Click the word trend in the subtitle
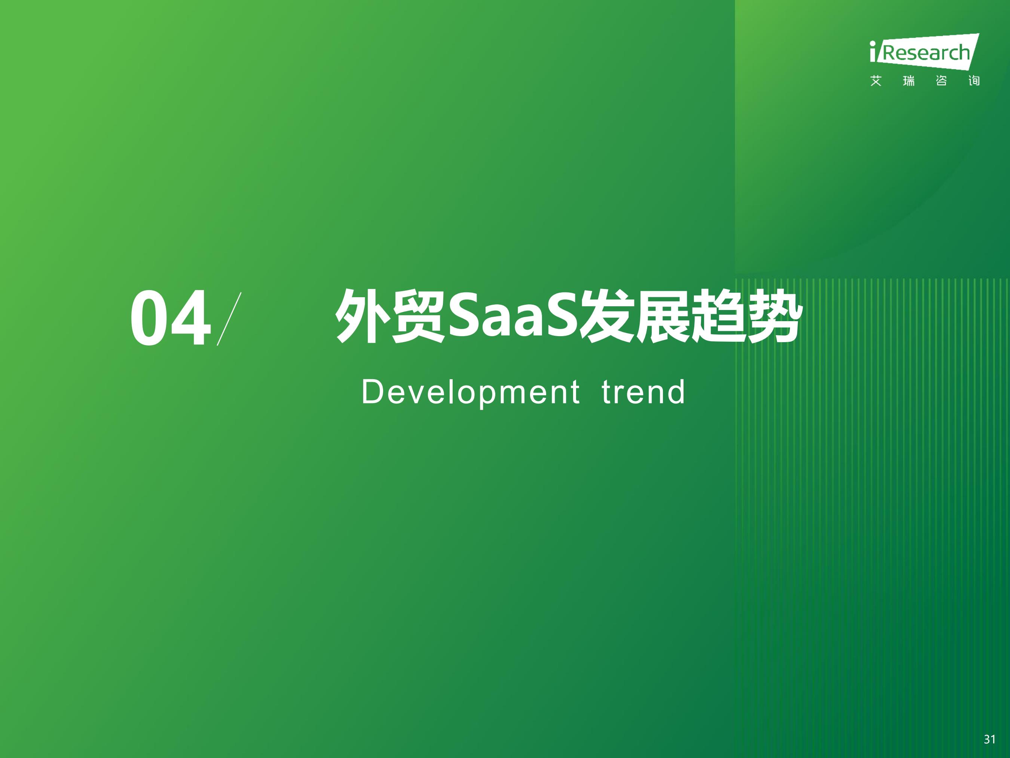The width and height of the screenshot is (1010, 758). coord(643,392)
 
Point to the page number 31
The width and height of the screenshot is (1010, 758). coord(989,739)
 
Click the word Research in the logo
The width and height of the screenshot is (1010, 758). coord(926,53)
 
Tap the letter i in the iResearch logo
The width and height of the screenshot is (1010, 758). coord(873,51)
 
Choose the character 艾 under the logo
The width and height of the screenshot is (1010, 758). coord(876,81)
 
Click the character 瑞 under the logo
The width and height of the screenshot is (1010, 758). coord(909,81)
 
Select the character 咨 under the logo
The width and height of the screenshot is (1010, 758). coord(941,81)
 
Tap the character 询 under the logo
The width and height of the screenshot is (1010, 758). coord(974,81)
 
